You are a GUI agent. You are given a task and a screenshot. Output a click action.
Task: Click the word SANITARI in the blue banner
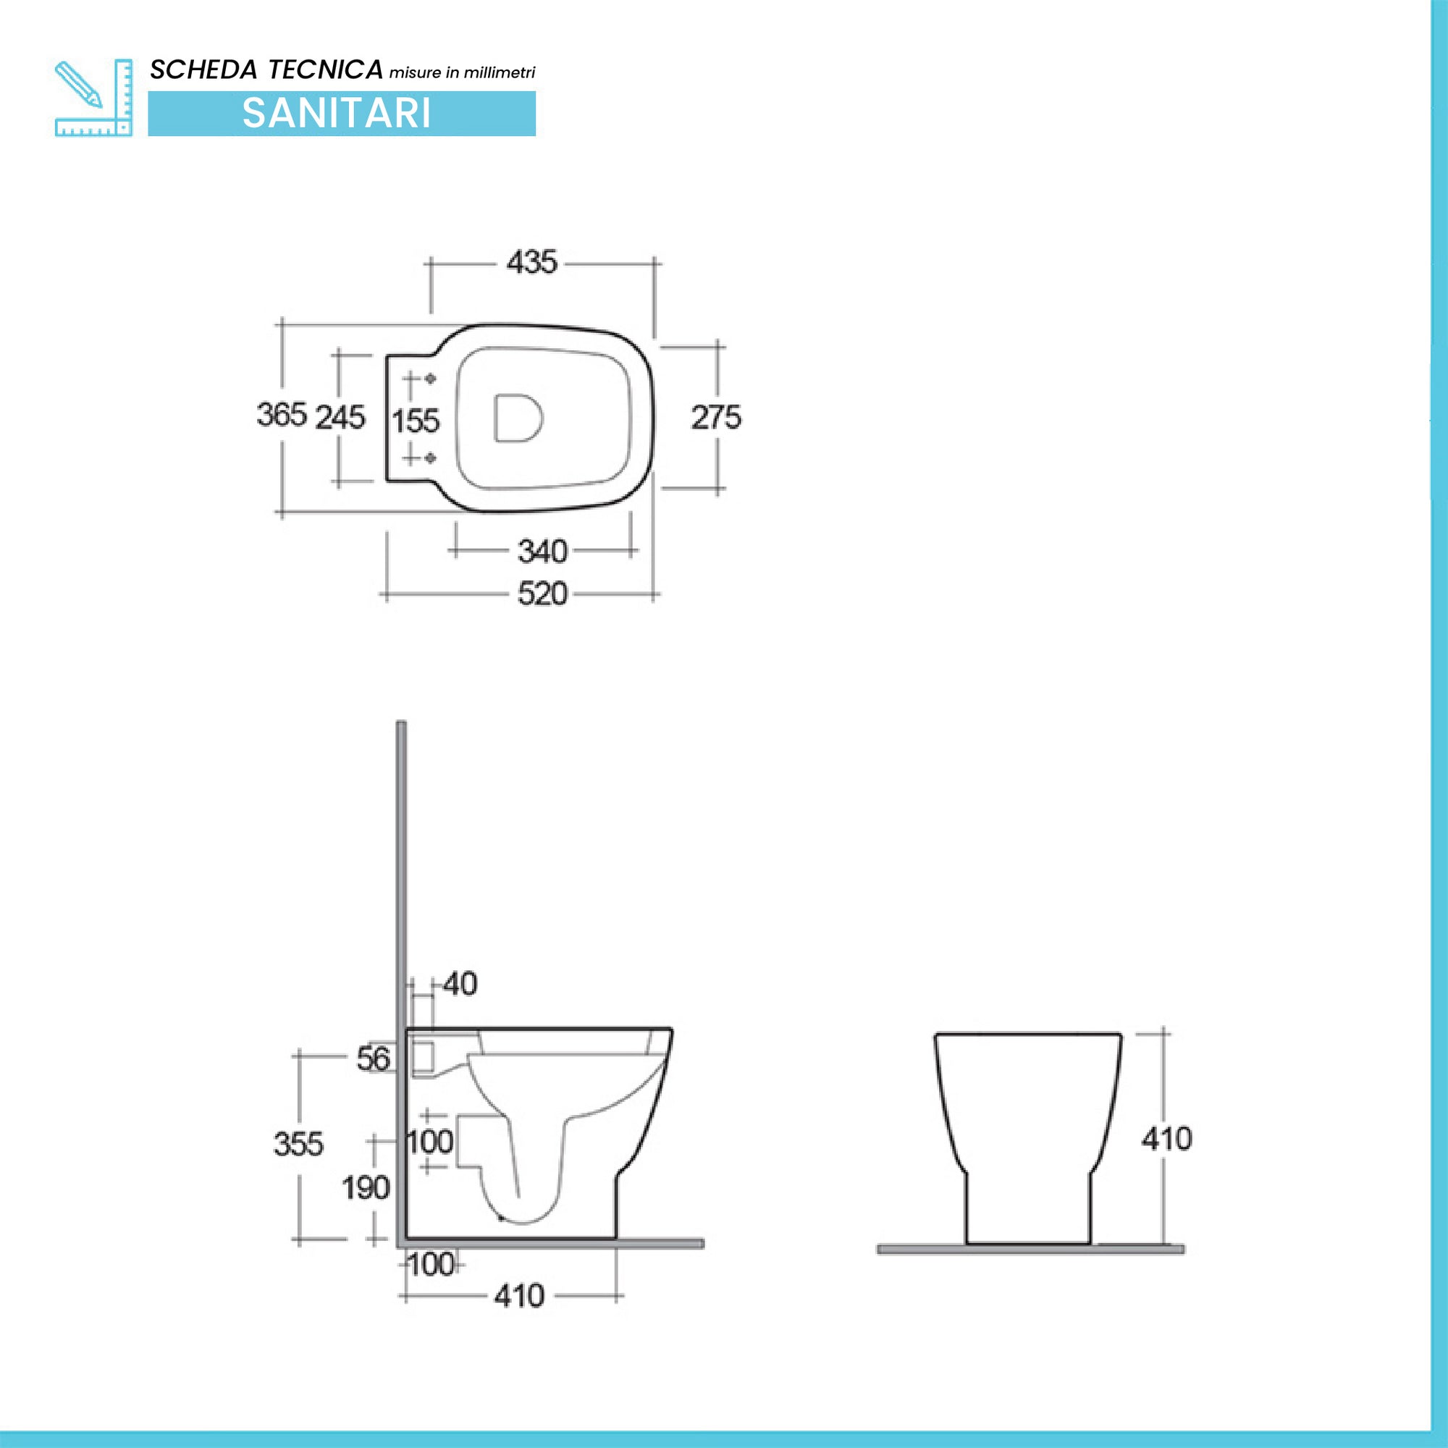(337, 114)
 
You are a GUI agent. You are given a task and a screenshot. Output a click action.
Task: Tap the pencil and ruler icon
(93, 98)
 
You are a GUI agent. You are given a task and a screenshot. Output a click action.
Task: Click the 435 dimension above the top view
(531, 262)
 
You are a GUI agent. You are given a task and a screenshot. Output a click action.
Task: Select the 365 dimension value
(282, 414)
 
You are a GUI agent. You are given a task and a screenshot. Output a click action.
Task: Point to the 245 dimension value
(340, 418)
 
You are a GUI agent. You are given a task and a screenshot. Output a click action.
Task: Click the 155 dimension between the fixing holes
(416, 421)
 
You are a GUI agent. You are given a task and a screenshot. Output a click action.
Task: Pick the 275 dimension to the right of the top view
(716, 418)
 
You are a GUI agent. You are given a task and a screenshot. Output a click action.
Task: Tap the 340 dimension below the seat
(542, 552)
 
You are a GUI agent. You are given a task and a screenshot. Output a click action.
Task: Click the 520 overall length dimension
(542, 594)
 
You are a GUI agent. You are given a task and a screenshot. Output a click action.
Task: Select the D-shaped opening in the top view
(517, 418)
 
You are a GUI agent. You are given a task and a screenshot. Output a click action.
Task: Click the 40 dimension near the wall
(460, 984)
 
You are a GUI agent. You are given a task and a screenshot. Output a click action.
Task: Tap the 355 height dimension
(298, 1145)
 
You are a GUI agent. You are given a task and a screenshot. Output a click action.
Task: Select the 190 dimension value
(366, 1188)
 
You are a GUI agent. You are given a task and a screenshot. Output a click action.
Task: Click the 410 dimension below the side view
(518, 1297)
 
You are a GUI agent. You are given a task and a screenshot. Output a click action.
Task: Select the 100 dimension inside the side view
(430, 1142)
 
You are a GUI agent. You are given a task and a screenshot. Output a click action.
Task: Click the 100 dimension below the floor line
(431, 1265)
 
